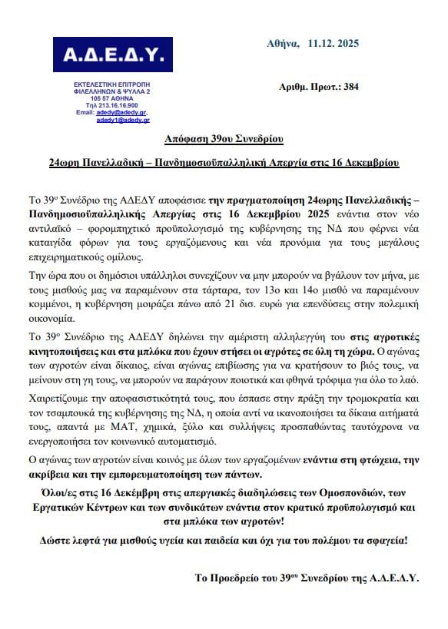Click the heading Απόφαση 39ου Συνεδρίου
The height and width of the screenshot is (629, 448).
(224, 139)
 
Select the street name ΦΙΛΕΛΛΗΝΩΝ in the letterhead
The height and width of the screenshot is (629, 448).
(87, 91)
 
